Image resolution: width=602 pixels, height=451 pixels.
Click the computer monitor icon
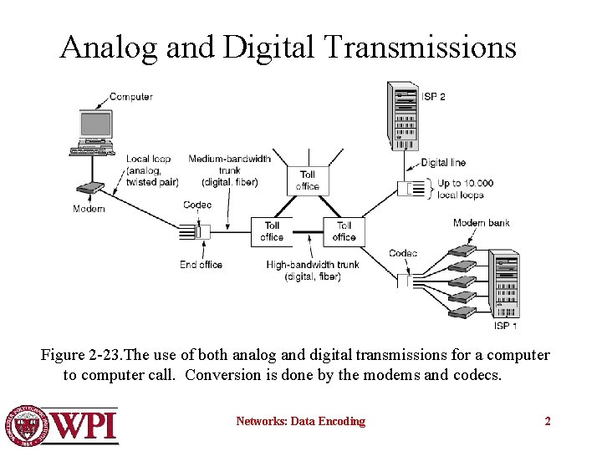(x=95, y=125)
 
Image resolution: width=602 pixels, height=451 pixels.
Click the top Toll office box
(x=308, y=180)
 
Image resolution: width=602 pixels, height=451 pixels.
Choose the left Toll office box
(x=272, y=231)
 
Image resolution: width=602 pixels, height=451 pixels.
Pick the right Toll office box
(x=344, y=231)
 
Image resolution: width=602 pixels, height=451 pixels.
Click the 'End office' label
(x=201, y=265)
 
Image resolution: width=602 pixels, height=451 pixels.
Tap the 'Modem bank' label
(x=481, y=223)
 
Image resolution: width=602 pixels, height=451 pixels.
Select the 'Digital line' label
(x=443, y=163)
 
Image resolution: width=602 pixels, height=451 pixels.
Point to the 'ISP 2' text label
(x=433, y=97)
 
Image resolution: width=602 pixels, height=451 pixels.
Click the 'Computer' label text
(x=131, y=97)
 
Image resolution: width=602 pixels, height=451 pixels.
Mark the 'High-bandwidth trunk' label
(x=313, y=265)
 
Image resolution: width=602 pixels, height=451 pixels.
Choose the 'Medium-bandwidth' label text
(x=229, y=159)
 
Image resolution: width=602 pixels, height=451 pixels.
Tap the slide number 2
(x=548, y=422)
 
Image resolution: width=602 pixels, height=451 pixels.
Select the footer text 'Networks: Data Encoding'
(x=300, y=422)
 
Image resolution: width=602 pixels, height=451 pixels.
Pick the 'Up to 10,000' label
(x=466, y=183)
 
